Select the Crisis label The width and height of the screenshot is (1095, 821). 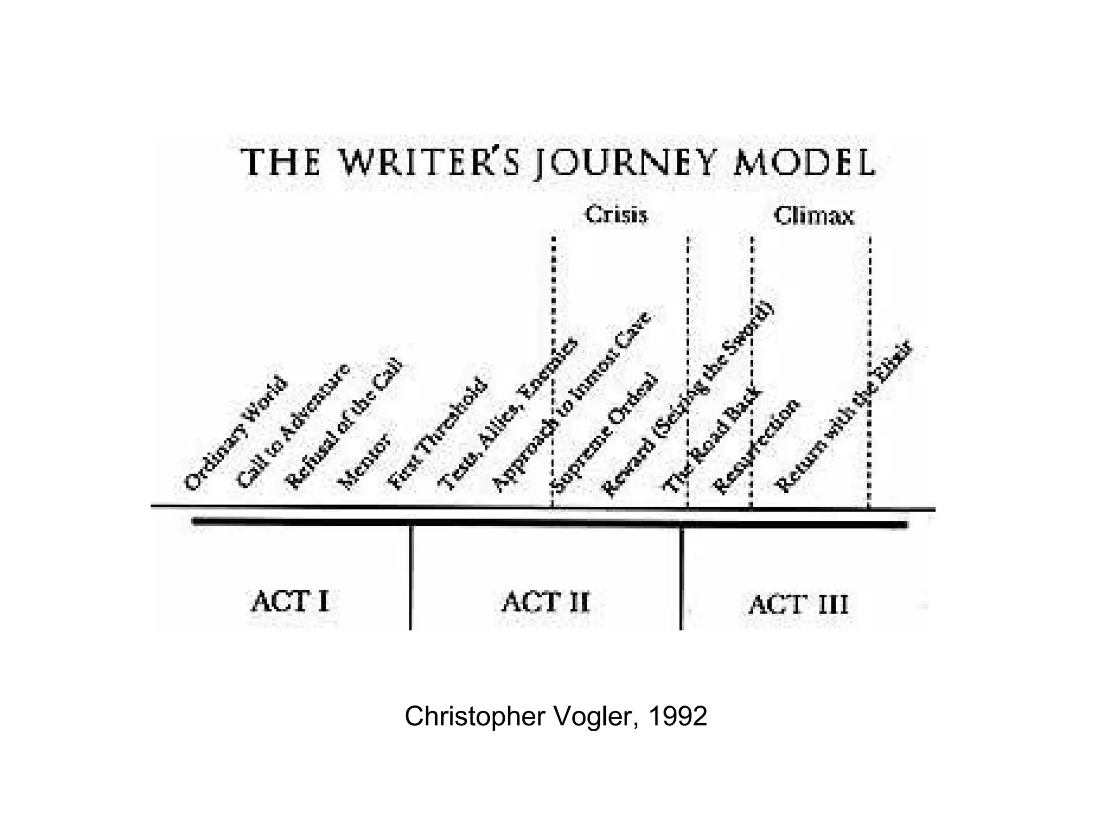(616, 215)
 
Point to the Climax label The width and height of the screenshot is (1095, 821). (814, 216)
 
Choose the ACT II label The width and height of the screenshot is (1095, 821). (545, 602)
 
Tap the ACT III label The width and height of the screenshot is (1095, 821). (798, 605)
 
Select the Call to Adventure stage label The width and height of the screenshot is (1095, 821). (293, 426)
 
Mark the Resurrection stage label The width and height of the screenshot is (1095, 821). (757, 447)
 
